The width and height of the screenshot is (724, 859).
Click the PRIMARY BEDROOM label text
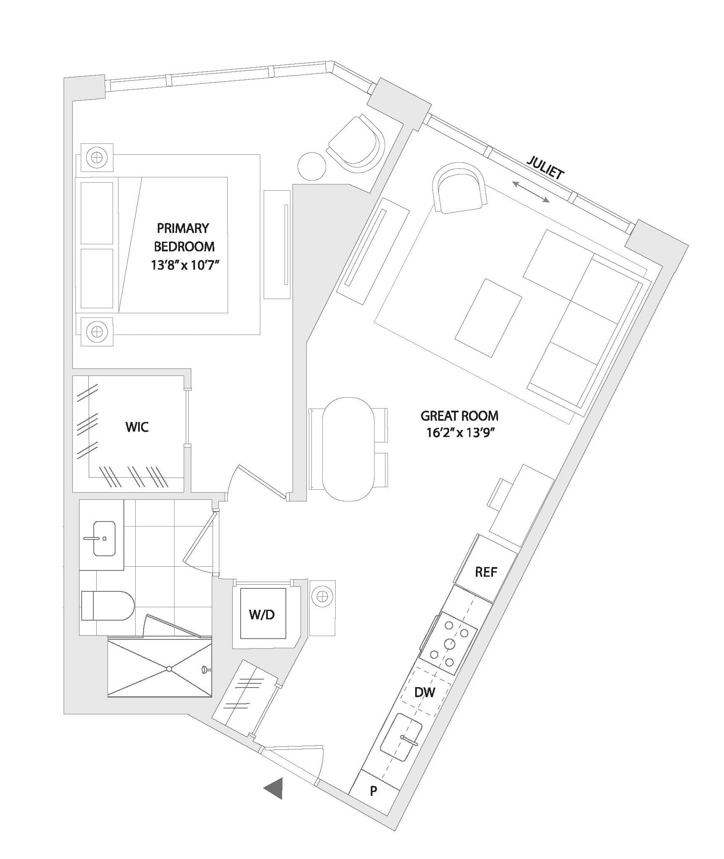(184, 237)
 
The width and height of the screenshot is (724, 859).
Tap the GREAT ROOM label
(460, 416)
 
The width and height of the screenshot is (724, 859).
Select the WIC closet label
(137, 427)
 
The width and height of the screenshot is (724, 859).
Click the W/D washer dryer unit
(263, 614)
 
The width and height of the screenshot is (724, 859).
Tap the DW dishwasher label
(425, 693)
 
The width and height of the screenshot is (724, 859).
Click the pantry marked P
(374, 791)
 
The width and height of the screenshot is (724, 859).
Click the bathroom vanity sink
(104, 539)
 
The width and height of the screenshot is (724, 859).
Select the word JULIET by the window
(545, 168)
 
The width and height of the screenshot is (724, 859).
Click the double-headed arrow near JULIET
(531, 192)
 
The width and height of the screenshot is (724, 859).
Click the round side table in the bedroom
(312, 166)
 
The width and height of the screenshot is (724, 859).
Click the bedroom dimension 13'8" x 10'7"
(185, 265)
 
